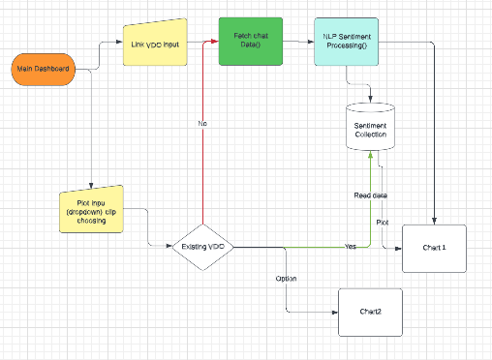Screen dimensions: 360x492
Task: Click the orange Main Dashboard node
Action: click(43, 70)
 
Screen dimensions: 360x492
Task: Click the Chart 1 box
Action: click(434, 248)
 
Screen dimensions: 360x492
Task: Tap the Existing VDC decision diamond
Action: click(202, 248)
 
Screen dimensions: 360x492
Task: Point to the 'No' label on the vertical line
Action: click(201, 124)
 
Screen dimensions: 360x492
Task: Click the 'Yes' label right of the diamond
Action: click(350, 247)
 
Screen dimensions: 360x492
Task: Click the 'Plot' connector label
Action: click(383, 222)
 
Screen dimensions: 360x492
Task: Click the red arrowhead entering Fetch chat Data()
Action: click(214, 42)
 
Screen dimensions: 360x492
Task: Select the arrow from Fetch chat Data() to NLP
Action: click(295, 42)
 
